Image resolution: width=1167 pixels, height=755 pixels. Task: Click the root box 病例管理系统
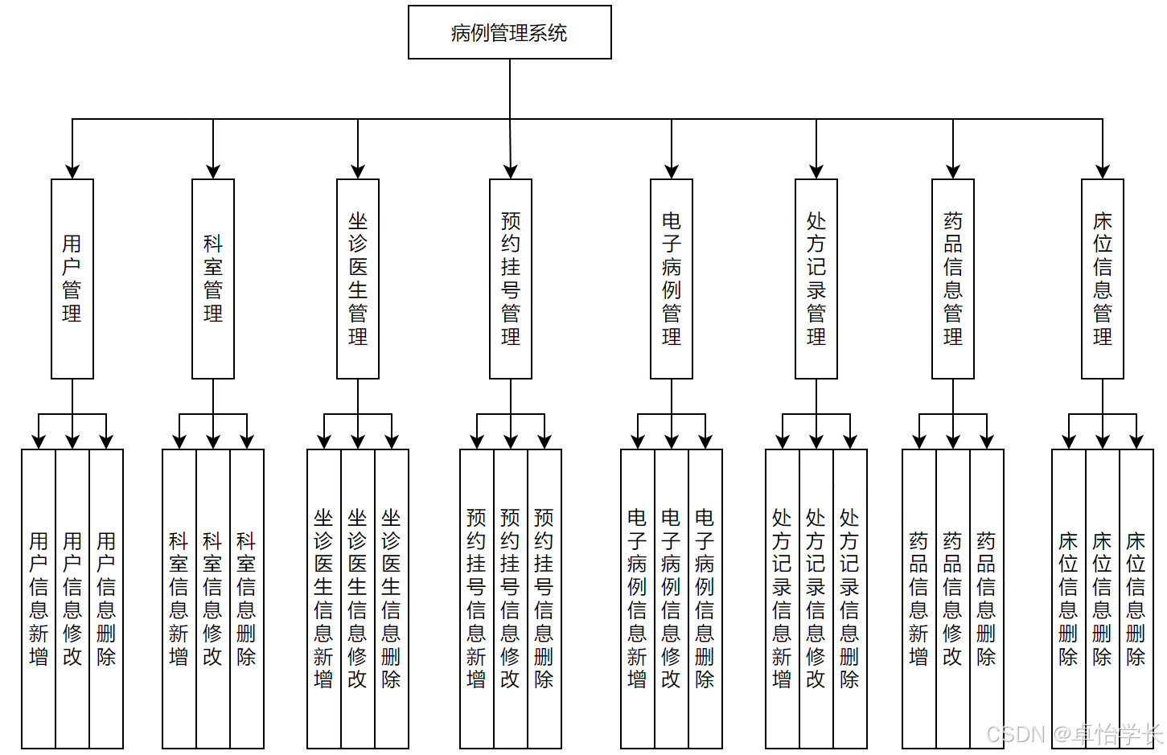tap(510, 32)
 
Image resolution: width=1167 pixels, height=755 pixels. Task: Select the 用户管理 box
tap(72, 278)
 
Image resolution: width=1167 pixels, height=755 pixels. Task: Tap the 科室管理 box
tap(213, 278)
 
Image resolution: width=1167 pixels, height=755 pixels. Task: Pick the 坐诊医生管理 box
tap(358, 278)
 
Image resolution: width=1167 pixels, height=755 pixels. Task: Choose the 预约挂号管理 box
tap(511, 278)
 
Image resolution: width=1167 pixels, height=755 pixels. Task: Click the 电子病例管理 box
tap(672, 278)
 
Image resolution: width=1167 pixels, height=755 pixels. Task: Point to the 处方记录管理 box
tap(816, 278)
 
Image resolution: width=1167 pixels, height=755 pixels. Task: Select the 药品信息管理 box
tap(953, 278)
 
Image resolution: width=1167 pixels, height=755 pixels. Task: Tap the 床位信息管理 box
tap(1103, 278)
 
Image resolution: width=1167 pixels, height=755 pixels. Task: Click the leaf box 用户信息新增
tap(39, 599)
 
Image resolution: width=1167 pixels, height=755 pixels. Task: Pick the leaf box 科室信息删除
tap(247, 599)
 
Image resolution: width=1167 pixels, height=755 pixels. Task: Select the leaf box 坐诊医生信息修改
tap(358, 599)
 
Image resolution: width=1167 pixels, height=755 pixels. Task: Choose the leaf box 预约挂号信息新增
tap(477, 599)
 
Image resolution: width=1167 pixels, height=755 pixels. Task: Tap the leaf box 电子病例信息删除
tap(705, 599)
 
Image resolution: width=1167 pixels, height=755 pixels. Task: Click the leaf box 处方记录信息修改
tap(816, 599)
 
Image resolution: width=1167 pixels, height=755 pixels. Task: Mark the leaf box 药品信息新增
tap(919, 599)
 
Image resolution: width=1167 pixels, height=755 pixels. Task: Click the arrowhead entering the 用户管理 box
tap(72, 172)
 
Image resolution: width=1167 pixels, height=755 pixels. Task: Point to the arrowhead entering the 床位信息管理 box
tap(1103, 172)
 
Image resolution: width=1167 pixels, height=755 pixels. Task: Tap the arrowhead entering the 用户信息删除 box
tap(106, 442)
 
